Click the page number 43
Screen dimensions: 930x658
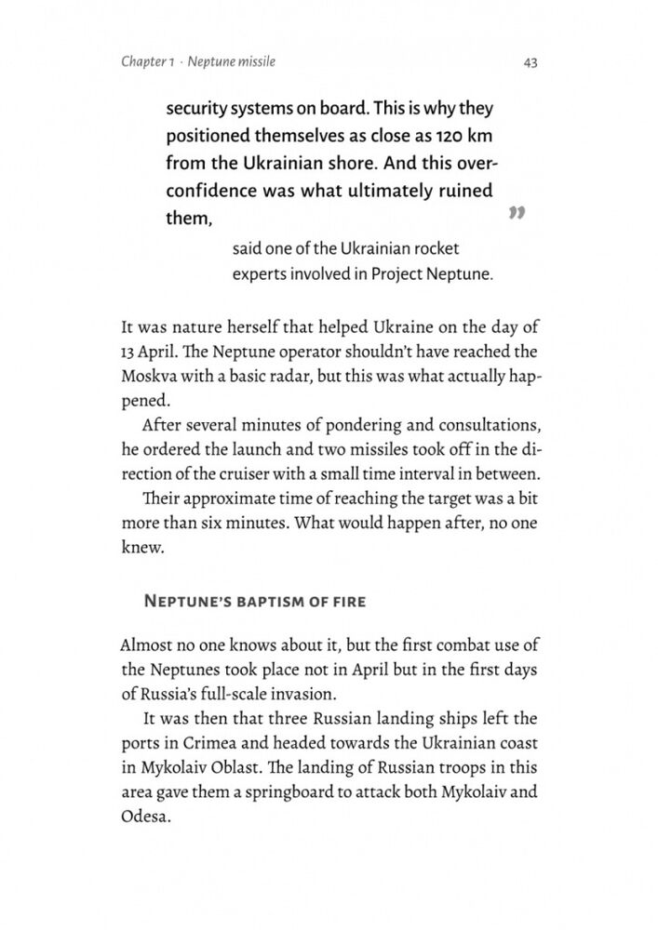530,62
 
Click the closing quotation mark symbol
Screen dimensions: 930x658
518,215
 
